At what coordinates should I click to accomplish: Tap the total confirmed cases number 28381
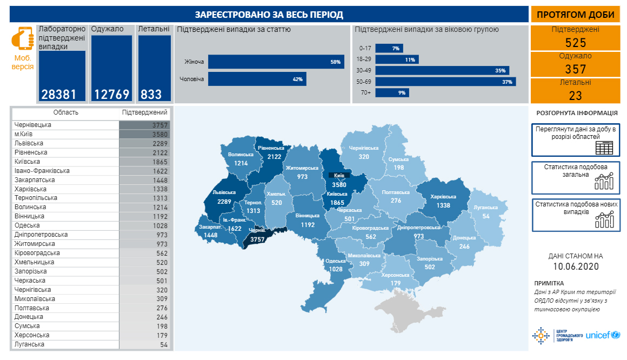[x=62, y=95]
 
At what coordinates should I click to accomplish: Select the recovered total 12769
[x=112, y=95]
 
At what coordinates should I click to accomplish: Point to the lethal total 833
[x=151, y=95]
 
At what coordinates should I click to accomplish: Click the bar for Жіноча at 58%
[x=276, y=62]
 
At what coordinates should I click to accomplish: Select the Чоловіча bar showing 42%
[x=257, y=79]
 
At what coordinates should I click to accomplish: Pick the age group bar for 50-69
[x=445, y=82]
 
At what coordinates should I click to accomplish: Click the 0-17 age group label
[x=365, y=48]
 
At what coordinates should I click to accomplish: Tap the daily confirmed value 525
[x=575, y=43]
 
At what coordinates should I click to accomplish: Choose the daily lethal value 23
[x=575, y=96]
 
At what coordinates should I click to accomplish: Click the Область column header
[x=65, y=112]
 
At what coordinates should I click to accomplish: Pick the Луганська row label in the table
[x=30, y=344]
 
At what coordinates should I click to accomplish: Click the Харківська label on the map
[x=443, y=197]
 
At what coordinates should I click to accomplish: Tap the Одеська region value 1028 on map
[x=336, y=269]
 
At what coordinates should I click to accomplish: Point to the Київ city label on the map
[x=339, y=175]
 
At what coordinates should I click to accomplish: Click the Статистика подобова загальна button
[x=576, y=177]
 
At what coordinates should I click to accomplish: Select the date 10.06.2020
[x=576, y=266]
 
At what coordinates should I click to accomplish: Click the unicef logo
[x=603, y=335]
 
